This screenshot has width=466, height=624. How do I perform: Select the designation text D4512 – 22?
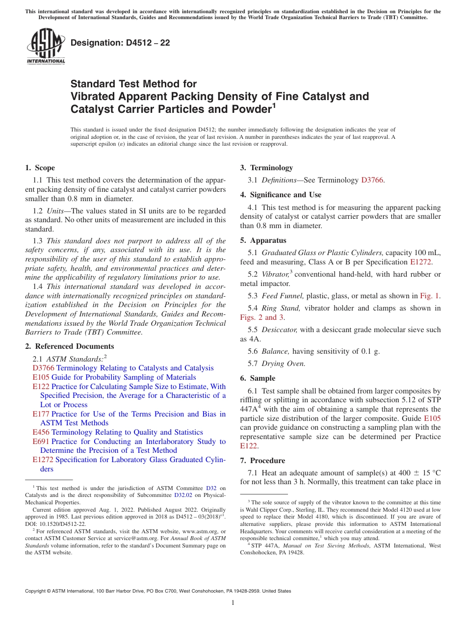120,43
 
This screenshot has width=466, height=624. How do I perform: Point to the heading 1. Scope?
40,168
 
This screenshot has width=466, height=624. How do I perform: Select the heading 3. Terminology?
266,168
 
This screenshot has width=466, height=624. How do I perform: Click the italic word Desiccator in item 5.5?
280,330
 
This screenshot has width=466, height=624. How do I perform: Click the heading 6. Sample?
258,378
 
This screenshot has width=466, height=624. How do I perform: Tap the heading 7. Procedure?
262,461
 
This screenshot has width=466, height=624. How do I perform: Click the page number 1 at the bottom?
233,603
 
